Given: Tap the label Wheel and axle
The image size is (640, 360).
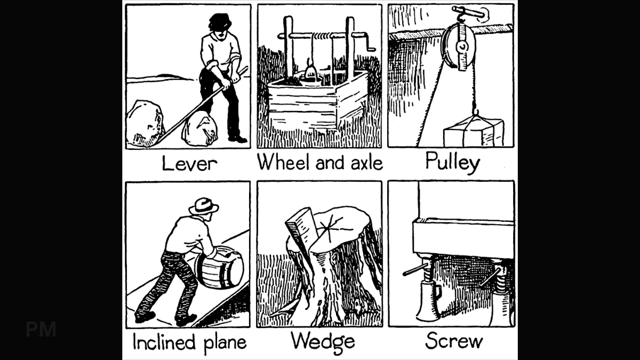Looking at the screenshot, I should click(x=320, y=162).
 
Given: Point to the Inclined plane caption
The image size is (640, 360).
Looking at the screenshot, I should click(x=189, y=342).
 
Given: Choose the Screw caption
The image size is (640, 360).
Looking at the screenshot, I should click(x=454, y=341).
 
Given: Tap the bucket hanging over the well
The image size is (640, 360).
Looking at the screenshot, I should click(x=311, y=72).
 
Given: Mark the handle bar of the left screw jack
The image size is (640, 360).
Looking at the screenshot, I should click(x=414, y=269).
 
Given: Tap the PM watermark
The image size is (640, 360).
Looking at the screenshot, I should click(x=41, y=330).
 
